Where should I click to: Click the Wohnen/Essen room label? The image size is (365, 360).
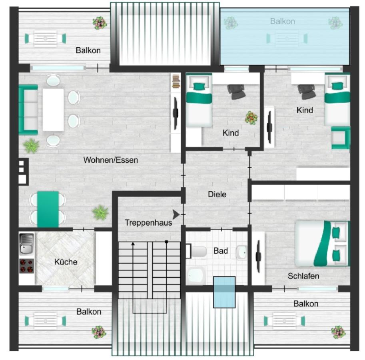tap(111, 160)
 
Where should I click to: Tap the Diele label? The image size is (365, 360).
tap(217, 194)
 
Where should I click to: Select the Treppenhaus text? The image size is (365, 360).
tap(148, 223)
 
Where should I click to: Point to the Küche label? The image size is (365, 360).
tap(66, 262)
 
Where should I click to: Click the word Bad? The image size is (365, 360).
tap(221, 251)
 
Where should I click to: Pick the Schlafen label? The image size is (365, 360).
tap(303, 276)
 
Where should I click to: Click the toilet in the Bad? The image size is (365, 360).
tap(196, 252)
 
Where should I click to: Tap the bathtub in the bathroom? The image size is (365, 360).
tap(196, 276)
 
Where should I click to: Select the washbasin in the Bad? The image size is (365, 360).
tap(241, 252)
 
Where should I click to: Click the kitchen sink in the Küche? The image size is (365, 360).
tap(27, 244)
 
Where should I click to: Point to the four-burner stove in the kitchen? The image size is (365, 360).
tap(27, 266)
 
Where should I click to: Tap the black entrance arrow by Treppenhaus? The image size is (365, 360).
tap(176, 214)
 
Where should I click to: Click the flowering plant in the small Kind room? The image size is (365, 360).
tap(251, 118)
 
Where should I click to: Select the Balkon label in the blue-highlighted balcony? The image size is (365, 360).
tap(283, 21)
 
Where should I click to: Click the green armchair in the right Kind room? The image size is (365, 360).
tap(340, 138)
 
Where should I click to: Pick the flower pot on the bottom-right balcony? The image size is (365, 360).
tap(338, 332)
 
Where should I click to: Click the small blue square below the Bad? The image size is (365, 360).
tap(224, 292)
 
